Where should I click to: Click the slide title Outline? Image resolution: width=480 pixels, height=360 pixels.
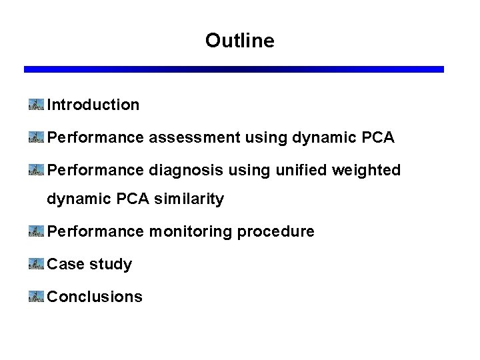[x=239, y=41]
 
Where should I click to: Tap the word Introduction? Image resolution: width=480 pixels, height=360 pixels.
[x=93, y=105]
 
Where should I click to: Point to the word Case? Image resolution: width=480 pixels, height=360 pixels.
[x=65, y=264]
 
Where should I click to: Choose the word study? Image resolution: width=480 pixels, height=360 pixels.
[x=111, y=265]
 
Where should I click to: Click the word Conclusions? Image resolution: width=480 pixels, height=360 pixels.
[x=95, y=297]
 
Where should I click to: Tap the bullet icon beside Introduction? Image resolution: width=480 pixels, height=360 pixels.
[x=36, y=104]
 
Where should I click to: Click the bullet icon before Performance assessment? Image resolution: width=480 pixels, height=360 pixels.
[x=36, y=137]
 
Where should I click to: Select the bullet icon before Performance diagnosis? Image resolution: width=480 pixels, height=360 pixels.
[x=36, y=170]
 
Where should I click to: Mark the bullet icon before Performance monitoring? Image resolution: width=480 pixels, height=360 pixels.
[x=36, y=231]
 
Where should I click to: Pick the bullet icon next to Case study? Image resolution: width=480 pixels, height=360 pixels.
[x=36, y=263]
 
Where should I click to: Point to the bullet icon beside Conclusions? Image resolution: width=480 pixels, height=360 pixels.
[x=36, y=296]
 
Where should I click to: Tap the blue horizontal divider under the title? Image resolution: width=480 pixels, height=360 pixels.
[x=233, y=69]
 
